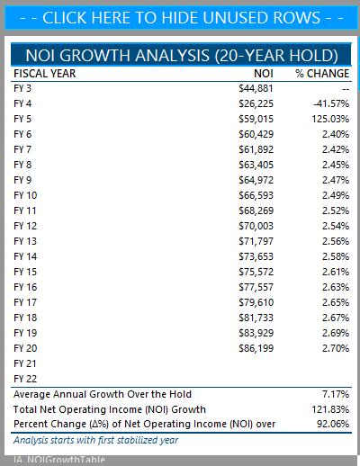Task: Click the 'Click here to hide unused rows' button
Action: tap(181, 18)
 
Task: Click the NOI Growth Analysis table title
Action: tap(181, 56)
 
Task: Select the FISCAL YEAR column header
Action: tap(45, 74)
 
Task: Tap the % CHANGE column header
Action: tap(322, 74)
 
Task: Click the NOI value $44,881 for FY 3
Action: tap(256, 88)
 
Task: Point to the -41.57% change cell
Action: tap(331, 103)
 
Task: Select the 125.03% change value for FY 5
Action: tap(330, 119)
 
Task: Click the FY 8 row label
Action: tap(22, 165)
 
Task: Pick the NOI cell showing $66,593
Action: tap(256, 195)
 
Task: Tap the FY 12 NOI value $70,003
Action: tap(256, 226)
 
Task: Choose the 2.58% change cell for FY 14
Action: tap(336, 256)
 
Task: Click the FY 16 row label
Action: tap(25, 287)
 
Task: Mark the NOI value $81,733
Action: tap(256, 318)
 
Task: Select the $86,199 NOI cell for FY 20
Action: tap(256, 348)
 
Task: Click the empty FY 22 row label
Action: tap(25, 379)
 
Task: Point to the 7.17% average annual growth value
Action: tap(336, 394)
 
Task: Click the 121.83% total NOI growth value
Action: tap(330, 409)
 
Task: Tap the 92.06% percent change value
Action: tap(333, 424)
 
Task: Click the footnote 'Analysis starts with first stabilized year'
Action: tap(96, 440)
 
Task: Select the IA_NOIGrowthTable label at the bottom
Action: tap(59, 460)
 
